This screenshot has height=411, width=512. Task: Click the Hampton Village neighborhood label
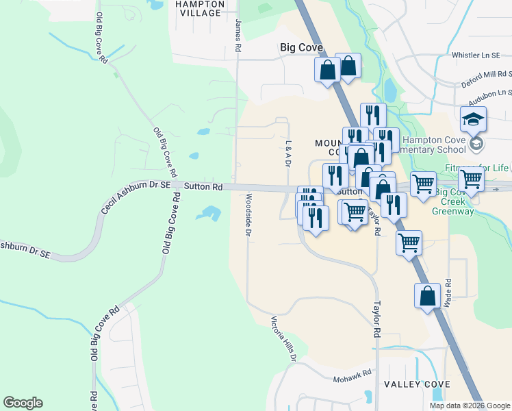[201, 8]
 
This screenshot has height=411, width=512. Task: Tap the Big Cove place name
[302, 48]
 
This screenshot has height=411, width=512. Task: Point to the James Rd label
[238, 36]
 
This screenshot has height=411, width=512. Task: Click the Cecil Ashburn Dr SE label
[135, 197]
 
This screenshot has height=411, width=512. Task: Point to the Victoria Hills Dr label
[284, 338]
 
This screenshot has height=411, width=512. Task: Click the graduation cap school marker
[473, 120]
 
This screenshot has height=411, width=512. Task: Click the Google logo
[23, 403]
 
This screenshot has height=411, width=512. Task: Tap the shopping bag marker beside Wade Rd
[427, 296]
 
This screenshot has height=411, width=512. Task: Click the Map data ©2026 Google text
[469, 406]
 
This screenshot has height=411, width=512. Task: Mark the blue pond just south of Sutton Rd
[208, 214]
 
